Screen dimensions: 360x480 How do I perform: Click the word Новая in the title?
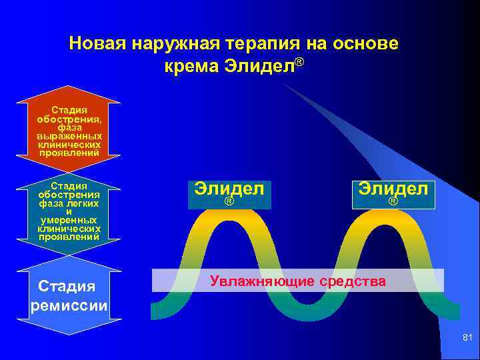pos(98,44)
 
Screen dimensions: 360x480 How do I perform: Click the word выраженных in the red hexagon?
pos(69,136)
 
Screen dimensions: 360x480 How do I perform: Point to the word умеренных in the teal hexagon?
pos(69,219)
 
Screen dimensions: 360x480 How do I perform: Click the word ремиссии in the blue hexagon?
pos(69,305)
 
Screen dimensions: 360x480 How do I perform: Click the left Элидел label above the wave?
pos(229,188)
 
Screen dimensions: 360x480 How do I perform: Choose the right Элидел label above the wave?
pos(393,188)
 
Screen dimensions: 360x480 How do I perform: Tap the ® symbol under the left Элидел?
pos(229,201)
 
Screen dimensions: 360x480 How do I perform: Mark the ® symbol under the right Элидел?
pos(393,201)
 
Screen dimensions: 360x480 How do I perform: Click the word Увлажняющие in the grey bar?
pos(262,281)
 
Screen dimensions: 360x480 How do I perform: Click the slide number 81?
pos(467,340)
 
